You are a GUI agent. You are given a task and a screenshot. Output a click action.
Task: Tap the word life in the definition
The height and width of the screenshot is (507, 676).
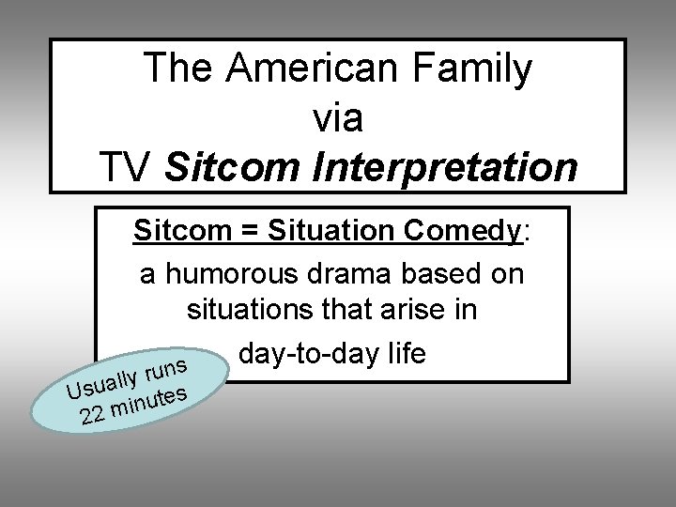pyautogui.click(x=404, y=355)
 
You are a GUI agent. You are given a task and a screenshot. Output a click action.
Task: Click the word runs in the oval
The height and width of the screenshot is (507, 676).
pyautogui.click(x=170, y=366)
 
